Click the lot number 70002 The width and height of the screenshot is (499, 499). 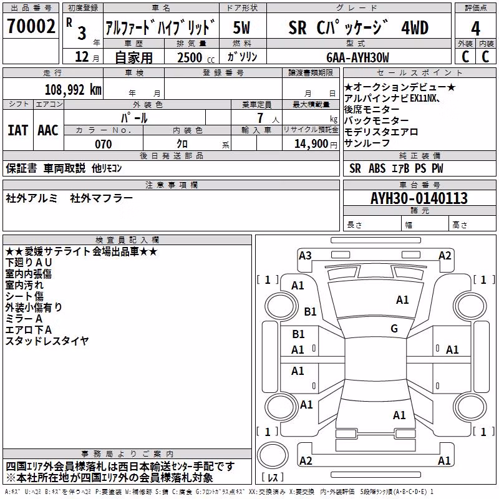31,26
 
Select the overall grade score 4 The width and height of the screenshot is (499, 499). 475,28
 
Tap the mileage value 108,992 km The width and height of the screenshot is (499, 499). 73,90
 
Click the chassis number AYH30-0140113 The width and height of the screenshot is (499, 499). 419,198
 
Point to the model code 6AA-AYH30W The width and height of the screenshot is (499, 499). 357,57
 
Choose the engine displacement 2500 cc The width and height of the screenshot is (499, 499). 196,57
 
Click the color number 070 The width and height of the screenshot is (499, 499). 103,144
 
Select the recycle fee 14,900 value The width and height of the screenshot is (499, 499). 311,144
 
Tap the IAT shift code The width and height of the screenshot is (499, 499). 17,130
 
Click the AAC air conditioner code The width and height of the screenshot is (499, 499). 48,130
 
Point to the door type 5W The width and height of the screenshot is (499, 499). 241,27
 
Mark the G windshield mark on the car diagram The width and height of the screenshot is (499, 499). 394,328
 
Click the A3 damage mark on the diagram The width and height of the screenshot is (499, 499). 305,255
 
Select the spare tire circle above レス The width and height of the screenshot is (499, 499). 273,455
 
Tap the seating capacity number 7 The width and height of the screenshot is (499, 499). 260,118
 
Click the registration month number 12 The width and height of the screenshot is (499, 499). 82,57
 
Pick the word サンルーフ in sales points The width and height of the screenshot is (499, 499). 367,143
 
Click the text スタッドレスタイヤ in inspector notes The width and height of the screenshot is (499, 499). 47,341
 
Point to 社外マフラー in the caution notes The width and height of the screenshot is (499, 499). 101,198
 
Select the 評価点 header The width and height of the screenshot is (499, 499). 476,7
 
